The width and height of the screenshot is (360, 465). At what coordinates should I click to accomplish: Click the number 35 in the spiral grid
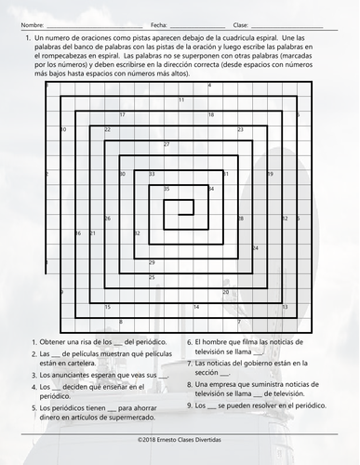point(167,189)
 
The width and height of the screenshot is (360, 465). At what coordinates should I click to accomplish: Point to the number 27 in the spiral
point(167,144)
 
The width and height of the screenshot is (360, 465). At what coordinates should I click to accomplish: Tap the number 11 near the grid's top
point(181,100)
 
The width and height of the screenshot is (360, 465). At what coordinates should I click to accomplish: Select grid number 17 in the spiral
point(123,114)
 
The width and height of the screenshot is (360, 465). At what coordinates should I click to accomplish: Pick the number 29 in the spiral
point(153,262)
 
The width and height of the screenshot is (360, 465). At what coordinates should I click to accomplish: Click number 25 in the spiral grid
point(153,277)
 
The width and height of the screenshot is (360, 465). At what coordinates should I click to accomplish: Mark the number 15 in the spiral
point(107,307)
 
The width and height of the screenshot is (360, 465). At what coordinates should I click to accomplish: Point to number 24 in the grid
point(256,248)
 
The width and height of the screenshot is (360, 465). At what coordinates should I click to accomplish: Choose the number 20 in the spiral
point(226,292)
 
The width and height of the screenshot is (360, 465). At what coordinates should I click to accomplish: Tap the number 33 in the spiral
point(153,174)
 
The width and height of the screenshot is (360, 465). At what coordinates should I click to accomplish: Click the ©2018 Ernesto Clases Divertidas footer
point(180,449)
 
